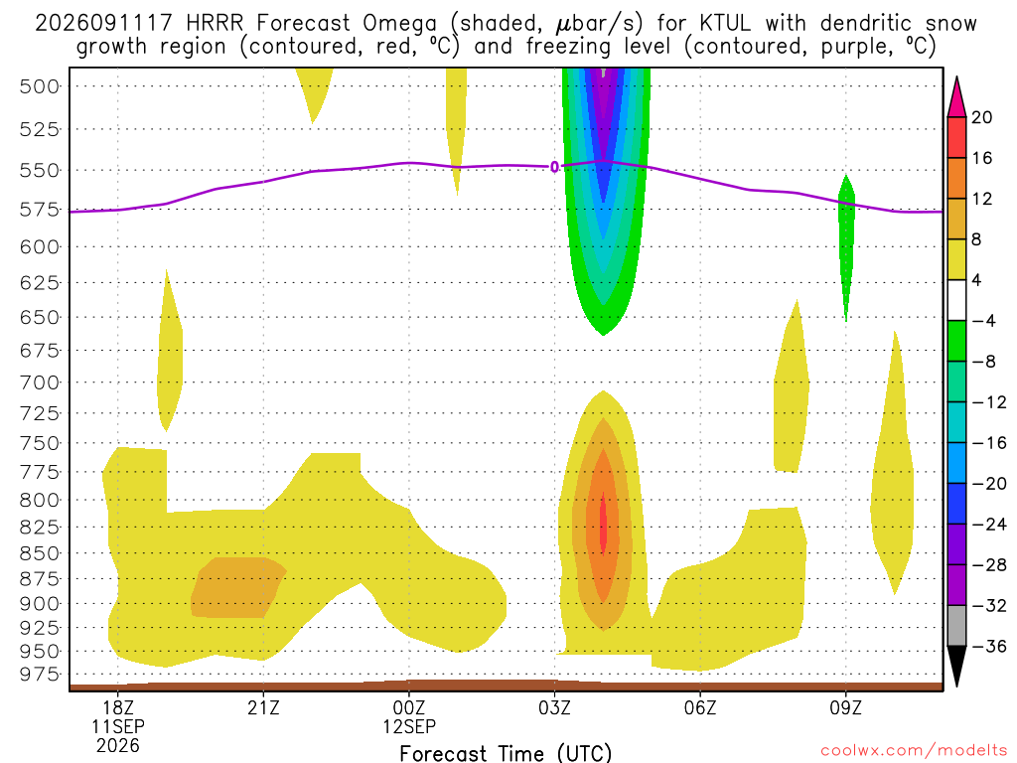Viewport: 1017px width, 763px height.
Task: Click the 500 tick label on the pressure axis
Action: click(x=40, y=86)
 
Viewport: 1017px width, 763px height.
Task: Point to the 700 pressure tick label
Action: click(x=40, y=382)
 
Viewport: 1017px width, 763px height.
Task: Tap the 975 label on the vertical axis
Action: click(x=40, y=675)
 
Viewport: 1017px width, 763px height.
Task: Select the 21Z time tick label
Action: click(x=263, y=707)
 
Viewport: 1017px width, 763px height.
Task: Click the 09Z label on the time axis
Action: click(x=846, y=707)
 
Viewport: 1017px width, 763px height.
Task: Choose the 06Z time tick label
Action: click(x=700, y=707)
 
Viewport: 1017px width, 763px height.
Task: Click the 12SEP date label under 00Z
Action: click(x=409, y=726)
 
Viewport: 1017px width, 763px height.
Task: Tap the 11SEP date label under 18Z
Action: click(x=118, y=726)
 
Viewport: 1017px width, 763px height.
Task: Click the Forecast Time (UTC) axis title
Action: click(x=506, y=753)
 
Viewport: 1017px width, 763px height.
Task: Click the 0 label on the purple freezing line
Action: click(x=554, y=167)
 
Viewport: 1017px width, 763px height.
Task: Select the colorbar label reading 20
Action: click(x=982, y=117)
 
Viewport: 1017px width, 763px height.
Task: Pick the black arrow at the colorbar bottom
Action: click(x=956, y=664)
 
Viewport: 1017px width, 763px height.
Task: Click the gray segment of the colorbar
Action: click(x=956, y=626)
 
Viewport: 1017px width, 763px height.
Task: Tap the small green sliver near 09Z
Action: click(x=846, y=247)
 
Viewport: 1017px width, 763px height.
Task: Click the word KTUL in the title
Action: click(x=726, y=24)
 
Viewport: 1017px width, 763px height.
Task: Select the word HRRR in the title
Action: click(x=215, y=24)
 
